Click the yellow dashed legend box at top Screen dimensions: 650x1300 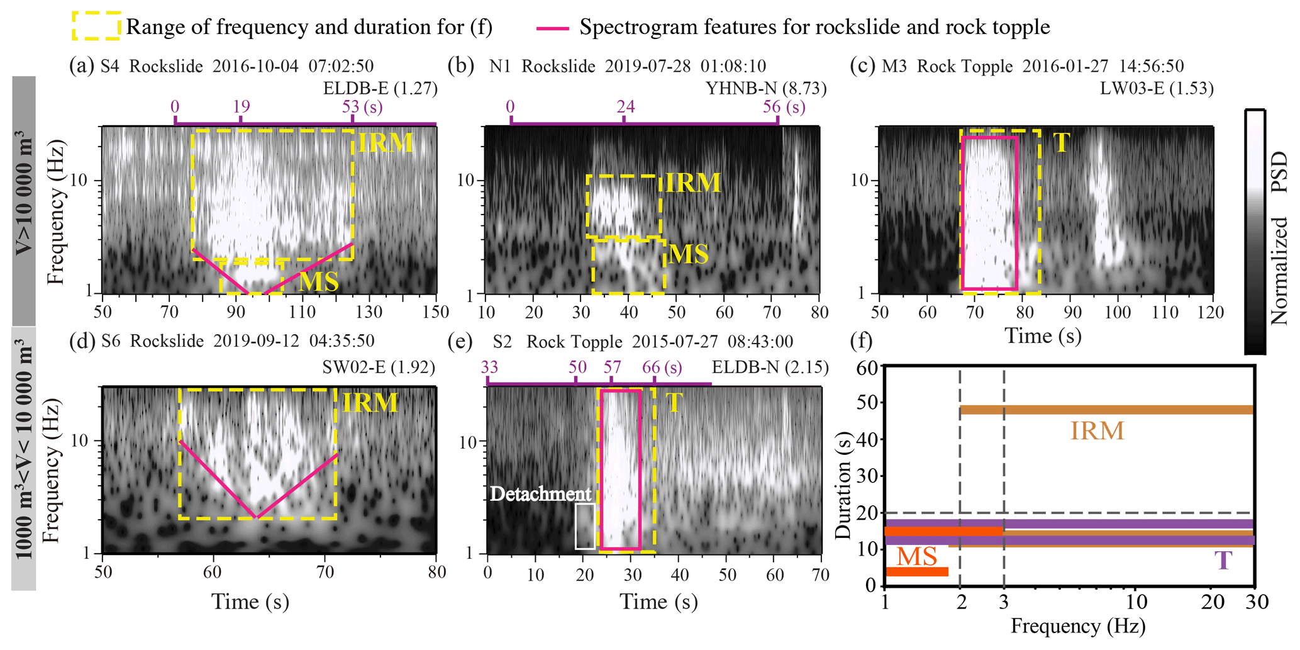pos(96,26)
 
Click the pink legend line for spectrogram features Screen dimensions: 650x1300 pos(553,28)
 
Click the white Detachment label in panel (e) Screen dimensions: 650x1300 pos(541,494)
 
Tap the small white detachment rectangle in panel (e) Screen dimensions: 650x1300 pos(585,526)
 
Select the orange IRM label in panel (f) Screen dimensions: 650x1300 pos(1097,431)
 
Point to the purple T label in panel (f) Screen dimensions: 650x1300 pos(1223,560)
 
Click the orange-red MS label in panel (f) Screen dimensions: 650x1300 pos(917,557)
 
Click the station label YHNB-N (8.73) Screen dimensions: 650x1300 pos(765,88)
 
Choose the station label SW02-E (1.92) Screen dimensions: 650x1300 pos(379,367)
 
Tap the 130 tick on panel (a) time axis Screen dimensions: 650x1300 pos(369,311)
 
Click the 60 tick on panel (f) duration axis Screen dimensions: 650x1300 pos(867,367)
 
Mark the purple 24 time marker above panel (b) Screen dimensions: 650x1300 pos(625,106)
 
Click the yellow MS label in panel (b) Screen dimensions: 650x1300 pos(689,254)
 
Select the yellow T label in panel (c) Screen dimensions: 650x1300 pos(1062,143)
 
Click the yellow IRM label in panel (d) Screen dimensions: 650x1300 pos(370,403)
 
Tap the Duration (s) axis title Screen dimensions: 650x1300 pos(843,485)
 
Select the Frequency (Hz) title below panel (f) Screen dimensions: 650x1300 pos(1077,626)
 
